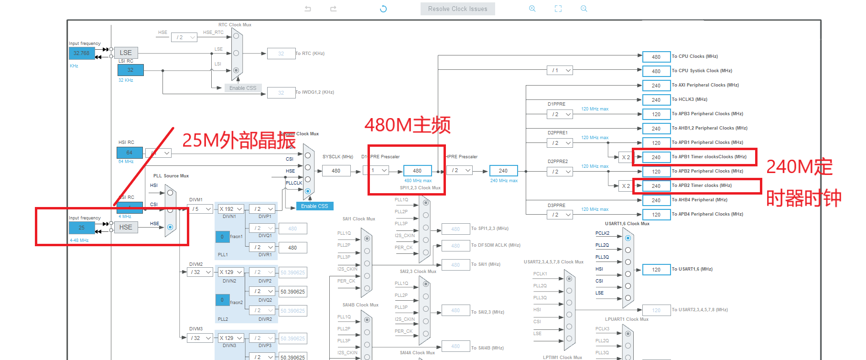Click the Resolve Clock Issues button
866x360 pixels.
[x=457, y=9]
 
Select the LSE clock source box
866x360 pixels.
[x=126, y=53]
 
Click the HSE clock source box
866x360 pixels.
[x=126, y=227]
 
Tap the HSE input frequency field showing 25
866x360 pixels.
[x=82, y=228]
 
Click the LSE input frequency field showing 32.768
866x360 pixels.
[x=82, y=53]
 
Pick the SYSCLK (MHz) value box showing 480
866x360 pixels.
[x=336, y=171]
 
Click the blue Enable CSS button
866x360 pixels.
[x=314, y=206]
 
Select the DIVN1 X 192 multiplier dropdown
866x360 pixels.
[x=231, y=209]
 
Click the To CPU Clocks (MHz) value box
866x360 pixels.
[x=656, y=57]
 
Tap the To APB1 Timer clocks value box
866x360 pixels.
[x=656, y=157]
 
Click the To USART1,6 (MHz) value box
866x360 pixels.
[x=656, y=270]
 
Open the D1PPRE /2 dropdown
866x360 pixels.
[x=560, y=114]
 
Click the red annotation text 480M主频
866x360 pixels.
[x=407, y=125]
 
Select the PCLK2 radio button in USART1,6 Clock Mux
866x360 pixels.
[x=628, y=238]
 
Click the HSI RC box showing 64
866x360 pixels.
[x=130, y=153]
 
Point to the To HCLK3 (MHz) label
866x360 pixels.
[x=689, y=99]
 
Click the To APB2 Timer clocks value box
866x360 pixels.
[x=656, y=186]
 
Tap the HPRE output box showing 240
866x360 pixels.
[x=503, y=171]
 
